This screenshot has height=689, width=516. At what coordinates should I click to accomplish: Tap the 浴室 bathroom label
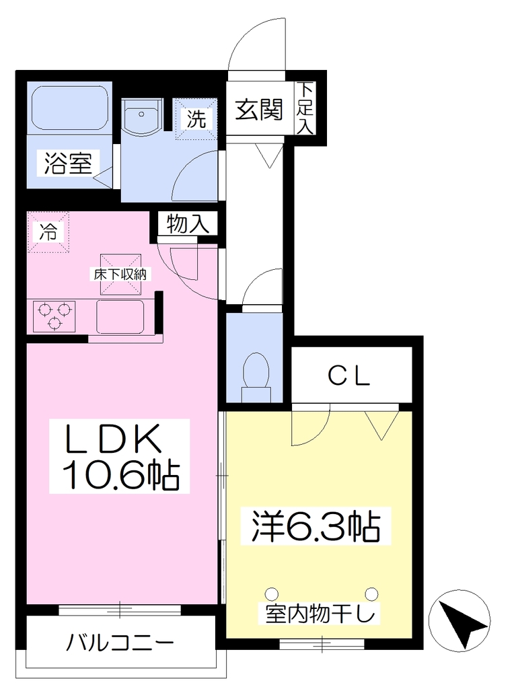(68, 163)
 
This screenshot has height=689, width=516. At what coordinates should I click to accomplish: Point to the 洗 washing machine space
(196, 118)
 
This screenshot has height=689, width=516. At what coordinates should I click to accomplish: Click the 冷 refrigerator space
(48, 232)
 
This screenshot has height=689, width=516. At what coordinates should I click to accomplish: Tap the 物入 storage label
(188, 224)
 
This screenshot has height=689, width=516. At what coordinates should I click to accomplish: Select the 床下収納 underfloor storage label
(120, 275)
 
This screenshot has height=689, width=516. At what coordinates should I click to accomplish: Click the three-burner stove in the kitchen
(54, 316)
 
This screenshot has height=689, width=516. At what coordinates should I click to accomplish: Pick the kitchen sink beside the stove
(120, 316)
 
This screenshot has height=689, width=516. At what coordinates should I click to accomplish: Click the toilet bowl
(256, 374)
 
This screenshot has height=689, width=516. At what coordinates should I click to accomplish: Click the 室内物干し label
(321, 614)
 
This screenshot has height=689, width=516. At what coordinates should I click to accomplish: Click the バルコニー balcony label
(120, 644)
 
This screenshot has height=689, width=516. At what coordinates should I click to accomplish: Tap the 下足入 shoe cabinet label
(305, 108)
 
